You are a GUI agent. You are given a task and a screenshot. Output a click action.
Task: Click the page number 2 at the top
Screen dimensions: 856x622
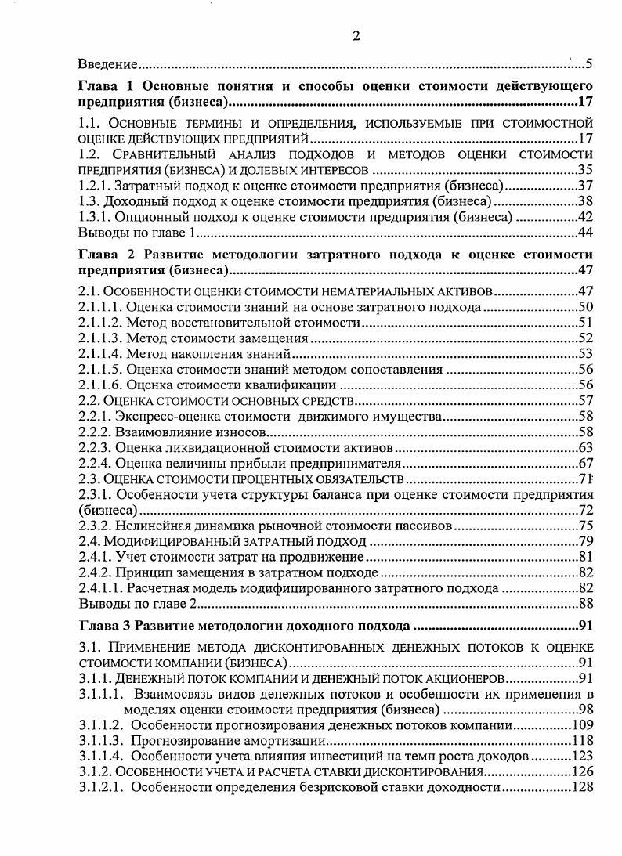point(355,35)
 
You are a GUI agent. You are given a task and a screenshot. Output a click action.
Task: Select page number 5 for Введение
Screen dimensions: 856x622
point(588,63)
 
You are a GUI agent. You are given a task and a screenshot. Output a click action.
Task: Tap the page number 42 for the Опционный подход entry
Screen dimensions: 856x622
point(584,217)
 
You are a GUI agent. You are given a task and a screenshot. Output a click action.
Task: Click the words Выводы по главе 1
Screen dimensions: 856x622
point(136,233)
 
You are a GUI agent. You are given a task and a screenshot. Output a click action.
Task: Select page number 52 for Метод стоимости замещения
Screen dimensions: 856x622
point(584,338)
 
